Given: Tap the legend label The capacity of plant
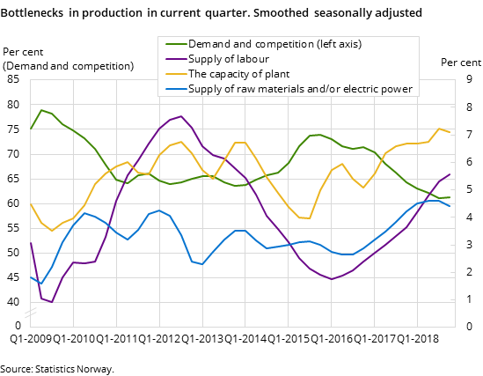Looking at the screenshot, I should [x=238, y=74].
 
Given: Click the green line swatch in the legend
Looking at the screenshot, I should [x=172, y=43].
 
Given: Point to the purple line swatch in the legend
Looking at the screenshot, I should [x=172, y=58].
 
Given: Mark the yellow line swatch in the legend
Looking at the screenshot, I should [x=172, y=74].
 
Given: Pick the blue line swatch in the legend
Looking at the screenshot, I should [x=172, y=89].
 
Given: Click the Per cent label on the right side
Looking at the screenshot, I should [x=460, y=63].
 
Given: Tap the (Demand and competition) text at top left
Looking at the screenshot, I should [x=69, y=66].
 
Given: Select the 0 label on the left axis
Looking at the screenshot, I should [x=16, y=326].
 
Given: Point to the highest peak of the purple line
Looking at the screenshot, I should [x=181, y=116].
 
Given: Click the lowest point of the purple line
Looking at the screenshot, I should [x=52, y=302].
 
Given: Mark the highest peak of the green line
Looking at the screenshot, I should [x=41, y=110].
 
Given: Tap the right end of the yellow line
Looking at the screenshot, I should [x=450, y=132].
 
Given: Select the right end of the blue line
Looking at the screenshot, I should [x=450, y=206].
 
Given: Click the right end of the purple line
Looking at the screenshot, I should [x=450, y=174].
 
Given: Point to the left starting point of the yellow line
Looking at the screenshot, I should [x=31, y=204].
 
